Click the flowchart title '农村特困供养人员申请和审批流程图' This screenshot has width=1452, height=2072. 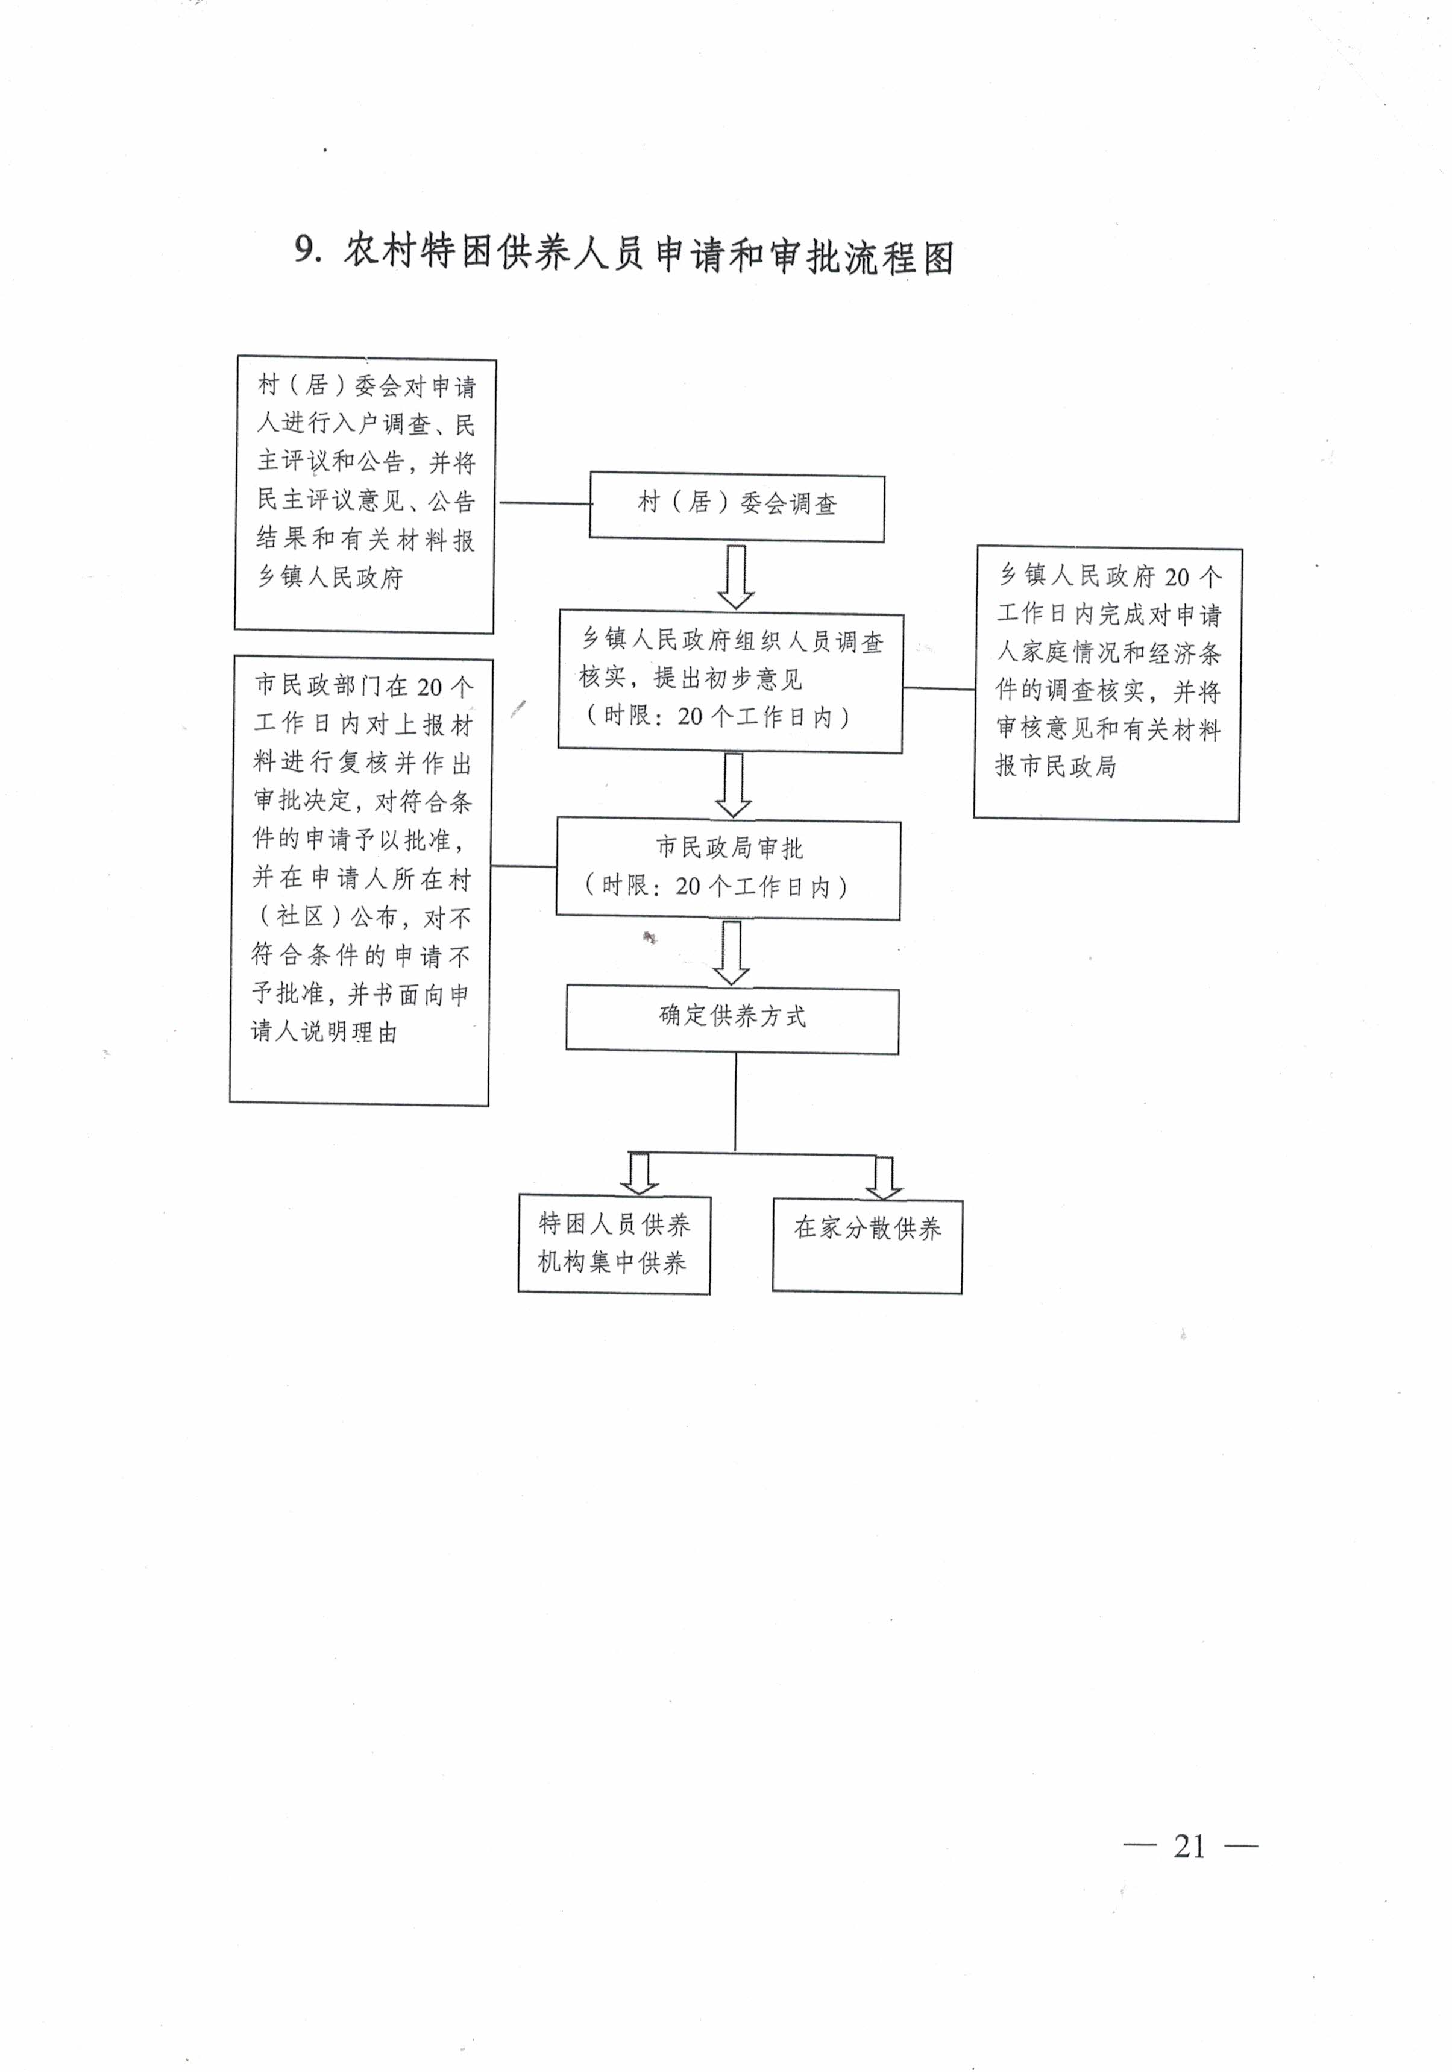click(648, 256)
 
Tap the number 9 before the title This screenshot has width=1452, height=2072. click(307, 250)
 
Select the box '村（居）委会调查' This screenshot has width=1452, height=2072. click(737, 507)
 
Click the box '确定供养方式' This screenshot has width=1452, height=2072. click(732, 1021)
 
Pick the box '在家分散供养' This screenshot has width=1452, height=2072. click(867, 1246)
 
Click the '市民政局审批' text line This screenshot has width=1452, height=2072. click(729, 848)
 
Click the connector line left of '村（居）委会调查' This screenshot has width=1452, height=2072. click(544, 503)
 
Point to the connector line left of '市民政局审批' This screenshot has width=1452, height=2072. click(523, 866)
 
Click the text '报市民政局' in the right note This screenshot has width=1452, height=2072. click(1056, 766)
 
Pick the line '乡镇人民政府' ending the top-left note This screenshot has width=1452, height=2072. click(330, 578)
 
